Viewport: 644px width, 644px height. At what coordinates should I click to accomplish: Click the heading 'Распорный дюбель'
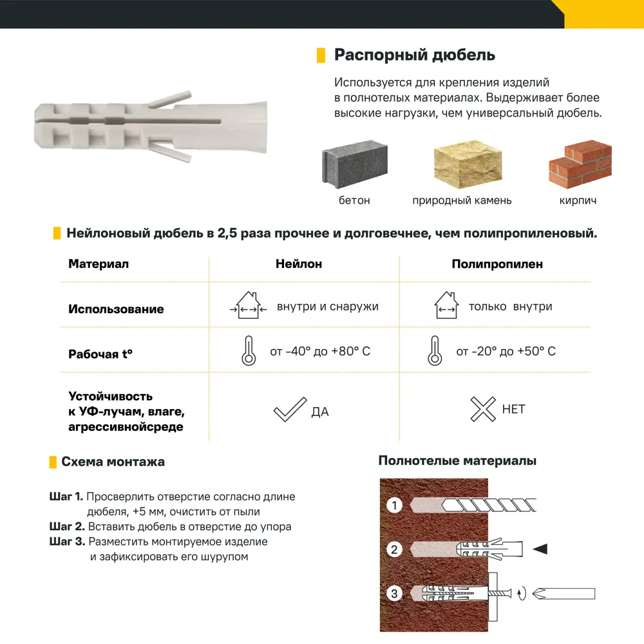click(414, 55)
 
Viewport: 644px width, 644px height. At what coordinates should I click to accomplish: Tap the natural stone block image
click(467, 165)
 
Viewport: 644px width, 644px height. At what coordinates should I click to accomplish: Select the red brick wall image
click(579, 165)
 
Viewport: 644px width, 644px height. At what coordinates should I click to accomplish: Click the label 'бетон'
click(354, 200)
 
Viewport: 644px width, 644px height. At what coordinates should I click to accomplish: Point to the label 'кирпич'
click(578, 200)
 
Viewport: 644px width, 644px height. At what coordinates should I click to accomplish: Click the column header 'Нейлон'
click(299, 264)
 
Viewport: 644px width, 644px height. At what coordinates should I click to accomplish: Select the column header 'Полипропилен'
click(497, 264)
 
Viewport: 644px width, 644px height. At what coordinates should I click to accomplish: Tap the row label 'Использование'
click(116, 309)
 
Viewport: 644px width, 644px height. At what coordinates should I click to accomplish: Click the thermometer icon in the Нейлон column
click(248, 352)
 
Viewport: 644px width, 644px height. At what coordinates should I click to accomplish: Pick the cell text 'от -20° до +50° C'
click(506, 352)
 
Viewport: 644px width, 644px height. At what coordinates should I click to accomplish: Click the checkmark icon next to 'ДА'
click(289, 410)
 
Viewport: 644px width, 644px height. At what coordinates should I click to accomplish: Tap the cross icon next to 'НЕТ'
click(482, 409)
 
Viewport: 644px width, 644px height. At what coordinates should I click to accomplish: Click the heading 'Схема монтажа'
click(113, 462)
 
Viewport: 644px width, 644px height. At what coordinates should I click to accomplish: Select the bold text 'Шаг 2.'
click(66, 527)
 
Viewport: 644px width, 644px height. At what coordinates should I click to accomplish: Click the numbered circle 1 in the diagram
click(395, 506)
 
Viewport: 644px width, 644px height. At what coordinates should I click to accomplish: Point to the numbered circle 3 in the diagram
click(395, 593)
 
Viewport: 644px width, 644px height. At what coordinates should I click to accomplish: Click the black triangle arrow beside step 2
click(540, 549)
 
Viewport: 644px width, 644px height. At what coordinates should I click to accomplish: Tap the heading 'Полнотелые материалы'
click(457, 461)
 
